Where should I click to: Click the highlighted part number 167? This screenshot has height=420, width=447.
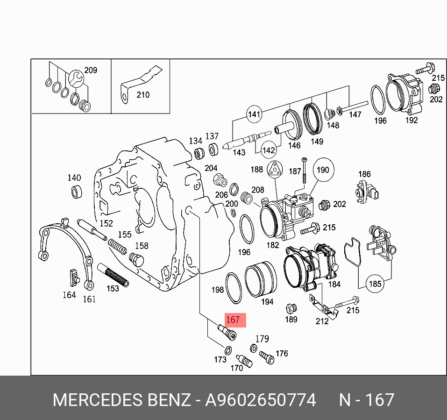[x=233, y=320]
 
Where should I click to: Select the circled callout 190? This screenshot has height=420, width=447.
[x=323, y=171]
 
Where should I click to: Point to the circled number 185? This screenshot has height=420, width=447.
[x=375, y=284]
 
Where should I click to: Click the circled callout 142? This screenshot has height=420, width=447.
[x=268, y=150]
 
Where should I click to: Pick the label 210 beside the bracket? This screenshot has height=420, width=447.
[x=143, y=95]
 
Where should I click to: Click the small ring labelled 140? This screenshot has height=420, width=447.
[x=75, y=191]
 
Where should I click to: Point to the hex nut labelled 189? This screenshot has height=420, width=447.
[x=291, y=309]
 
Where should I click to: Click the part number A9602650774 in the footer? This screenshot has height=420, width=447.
[x=261, y=400]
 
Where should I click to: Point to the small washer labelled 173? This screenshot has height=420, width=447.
[x=227, y=350]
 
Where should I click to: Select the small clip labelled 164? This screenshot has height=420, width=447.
[x=73, y=278]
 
